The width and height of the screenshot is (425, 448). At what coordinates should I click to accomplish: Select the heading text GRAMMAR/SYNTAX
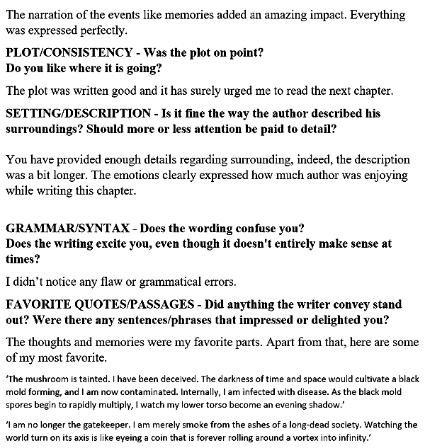(67, 228)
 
